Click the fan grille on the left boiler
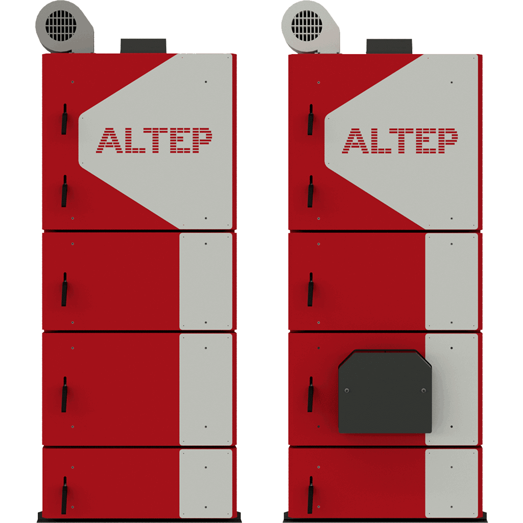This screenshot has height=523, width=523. coord(61,26)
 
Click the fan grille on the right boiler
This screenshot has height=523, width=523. coord(306,26)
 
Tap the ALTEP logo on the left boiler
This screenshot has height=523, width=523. coord(154,140)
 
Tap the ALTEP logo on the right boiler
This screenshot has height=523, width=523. coord(400,140)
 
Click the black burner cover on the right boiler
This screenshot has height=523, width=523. coord(385,392)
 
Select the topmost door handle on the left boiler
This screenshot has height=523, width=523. coord(64,119)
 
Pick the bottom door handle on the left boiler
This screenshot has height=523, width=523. coord(64,495)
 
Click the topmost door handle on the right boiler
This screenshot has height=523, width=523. coord(311,120)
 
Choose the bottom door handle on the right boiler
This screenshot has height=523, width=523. coord(311,495)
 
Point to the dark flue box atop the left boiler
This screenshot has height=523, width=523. coord(143,46)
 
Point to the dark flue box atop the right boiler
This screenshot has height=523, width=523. coord(389,46)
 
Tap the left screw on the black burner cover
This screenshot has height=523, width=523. coord(347,390)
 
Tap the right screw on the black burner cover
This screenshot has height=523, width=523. coord(423,390)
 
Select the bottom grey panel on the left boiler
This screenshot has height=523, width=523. coord(206,483)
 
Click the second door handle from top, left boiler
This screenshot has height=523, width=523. coord(64,191)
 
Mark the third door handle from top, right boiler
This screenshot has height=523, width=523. coord(311,290)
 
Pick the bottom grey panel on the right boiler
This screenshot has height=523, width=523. coord(451,483)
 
